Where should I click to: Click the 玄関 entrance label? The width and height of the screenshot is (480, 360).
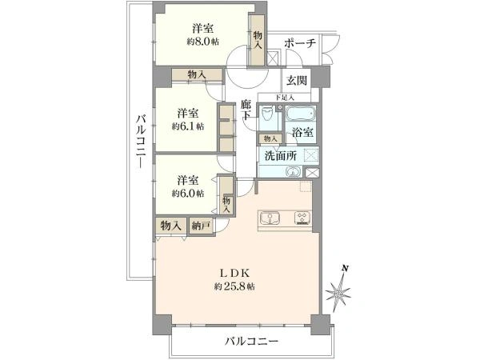click(x=296, y=81)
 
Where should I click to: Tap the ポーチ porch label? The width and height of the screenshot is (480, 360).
click(x=300, y=43)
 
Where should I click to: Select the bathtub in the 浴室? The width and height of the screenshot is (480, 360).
click(x=301, y=114)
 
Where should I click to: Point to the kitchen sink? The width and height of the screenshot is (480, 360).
click(x=270, y=218)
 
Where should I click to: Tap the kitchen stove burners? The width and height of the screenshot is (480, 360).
click(x=302, y=218)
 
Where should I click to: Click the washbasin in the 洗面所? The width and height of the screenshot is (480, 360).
click(x=294, y=171)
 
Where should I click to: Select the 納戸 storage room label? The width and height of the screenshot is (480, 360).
click(x=200, y=226)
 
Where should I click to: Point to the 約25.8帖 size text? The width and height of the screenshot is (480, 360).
click(x=234, y=286)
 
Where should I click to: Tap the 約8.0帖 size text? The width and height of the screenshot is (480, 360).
click(x=203, y=42)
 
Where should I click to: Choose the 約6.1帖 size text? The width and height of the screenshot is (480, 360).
click(x=188, y=126)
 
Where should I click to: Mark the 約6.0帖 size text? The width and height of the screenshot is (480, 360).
click(x=188, y=193)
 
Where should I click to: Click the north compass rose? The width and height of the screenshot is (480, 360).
click(x=338, y=294)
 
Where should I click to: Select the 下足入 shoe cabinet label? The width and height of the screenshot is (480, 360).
click(x=285, y=98)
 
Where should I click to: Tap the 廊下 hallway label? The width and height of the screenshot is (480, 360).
click(x=246, y=110)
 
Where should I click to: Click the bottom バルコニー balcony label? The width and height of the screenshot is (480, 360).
click(x=252, y=341)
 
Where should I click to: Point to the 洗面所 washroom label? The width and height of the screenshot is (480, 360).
click(x=281, y=156)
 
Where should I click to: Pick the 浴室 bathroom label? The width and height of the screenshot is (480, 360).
click(x=302, y=133)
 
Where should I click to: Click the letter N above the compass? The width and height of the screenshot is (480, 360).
click(x=345, y=269)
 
